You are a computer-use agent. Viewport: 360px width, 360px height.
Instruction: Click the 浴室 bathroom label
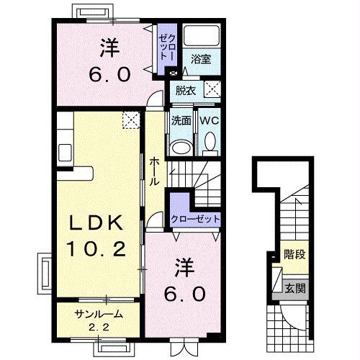(201, 59)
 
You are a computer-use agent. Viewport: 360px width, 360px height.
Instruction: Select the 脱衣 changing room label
(186, 91)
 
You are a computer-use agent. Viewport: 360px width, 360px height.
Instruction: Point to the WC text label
(210, 120)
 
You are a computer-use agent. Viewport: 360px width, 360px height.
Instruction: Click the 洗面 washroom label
(181, 121)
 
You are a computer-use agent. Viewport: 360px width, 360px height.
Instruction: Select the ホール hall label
(154, 172)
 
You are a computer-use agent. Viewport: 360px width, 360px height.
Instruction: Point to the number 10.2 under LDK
(96, 248)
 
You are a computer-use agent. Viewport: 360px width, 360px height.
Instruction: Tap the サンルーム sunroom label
(99, 314)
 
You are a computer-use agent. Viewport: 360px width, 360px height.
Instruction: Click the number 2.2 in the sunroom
(99, 327)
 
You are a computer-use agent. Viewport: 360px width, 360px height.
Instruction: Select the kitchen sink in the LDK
(65, 153)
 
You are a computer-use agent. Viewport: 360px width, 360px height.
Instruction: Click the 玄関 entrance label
(295, 289)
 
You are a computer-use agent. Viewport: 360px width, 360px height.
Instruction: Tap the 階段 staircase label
(294, 254)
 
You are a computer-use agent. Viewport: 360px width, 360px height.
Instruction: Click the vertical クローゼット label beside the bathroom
(168, 48)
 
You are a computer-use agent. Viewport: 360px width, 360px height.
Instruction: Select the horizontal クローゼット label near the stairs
(195, 219)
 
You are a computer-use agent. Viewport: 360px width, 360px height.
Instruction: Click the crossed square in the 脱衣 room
(212, 89)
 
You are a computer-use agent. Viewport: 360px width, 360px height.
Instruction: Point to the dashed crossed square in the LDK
(131, 120)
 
